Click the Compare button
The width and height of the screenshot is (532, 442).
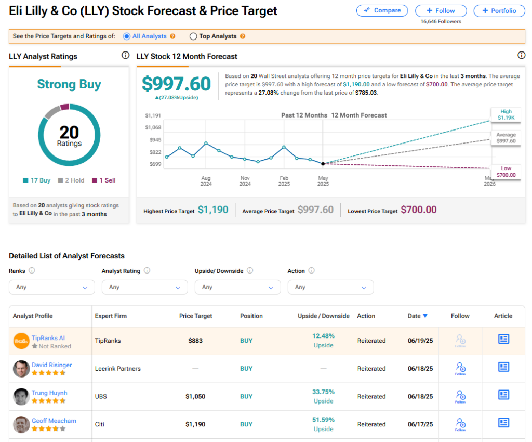pos(382,10)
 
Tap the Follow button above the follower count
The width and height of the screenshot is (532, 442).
pos(441,11)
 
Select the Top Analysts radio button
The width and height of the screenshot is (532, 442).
pos(193,36)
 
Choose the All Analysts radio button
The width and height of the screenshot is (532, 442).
pos(127,36)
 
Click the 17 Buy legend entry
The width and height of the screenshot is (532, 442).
pos(37,180)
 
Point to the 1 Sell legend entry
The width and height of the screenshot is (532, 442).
pos(104,180)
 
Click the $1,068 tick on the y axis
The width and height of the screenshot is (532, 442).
pos(153,127)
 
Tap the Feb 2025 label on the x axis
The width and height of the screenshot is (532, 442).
pos(284,181)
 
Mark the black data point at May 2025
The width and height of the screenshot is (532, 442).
pos(323,164)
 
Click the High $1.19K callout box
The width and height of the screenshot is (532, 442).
pos(506,114)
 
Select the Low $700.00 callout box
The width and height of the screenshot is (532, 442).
pos(506,172)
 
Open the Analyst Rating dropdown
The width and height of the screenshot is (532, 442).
pos(145,287)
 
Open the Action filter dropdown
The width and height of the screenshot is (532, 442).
pos(331,287)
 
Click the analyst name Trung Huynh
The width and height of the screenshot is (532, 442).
pos(49,393)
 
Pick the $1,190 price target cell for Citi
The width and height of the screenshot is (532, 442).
pos(195,424)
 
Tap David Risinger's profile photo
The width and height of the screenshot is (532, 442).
pos(21,369)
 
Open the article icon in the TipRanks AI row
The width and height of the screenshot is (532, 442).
pos(503,339)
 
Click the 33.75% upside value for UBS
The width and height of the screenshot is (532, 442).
pos(323,392)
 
